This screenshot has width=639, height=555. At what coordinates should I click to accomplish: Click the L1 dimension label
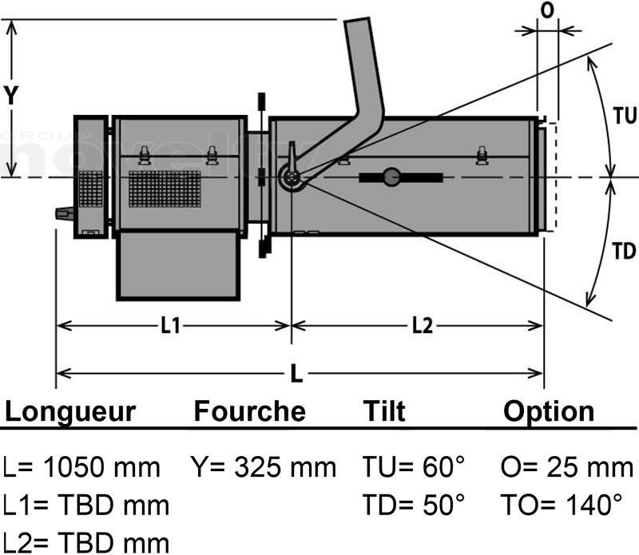[172, 325]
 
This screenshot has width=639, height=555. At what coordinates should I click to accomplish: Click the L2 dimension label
[423, 325]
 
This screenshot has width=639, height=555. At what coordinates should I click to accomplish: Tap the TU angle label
[625, 116]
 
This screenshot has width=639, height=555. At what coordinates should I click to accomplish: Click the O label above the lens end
[547, 12]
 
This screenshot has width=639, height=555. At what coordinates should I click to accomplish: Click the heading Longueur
[70, 411]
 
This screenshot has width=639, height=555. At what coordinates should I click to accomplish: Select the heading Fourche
[249, 411]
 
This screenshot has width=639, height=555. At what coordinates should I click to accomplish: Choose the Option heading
[549, 411]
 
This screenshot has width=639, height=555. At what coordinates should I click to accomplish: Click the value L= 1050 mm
[81, 466]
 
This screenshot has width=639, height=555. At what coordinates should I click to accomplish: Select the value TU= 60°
[413, 466]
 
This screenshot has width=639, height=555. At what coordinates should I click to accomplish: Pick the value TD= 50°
[413, 504]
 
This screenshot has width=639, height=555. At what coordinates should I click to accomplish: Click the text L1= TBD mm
[86, 504]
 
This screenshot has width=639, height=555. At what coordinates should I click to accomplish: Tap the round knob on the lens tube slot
[391, 176]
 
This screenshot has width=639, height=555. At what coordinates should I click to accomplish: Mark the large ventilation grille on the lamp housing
[165, 188]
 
